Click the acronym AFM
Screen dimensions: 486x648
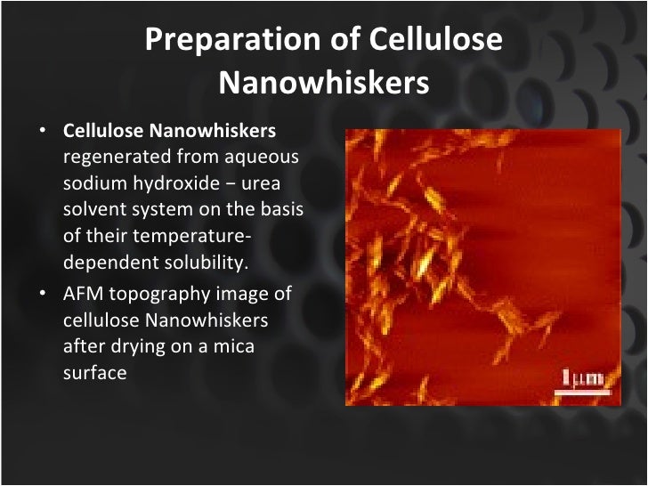pos(82,295)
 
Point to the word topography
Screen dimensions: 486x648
pos(158,295)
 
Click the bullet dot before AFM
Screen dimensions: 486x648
pos(43,296)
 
